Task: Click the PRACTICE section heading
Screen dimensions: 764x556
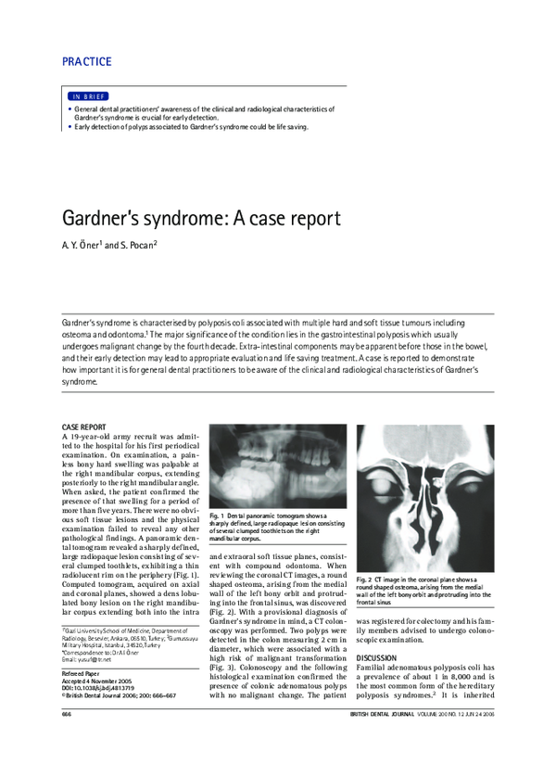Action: click(x=86, y=62)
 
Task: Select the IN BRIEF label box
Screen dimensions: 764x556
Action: click(x=88, y=96)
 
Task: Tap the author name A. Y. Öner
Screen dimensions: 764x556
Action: click(x=80, y=246)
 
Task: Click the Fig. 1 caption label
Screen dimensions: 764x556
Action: click(x=219, y=514)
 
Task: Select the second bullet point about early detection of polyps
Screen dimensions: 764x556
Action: click(x=191, y=127)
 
